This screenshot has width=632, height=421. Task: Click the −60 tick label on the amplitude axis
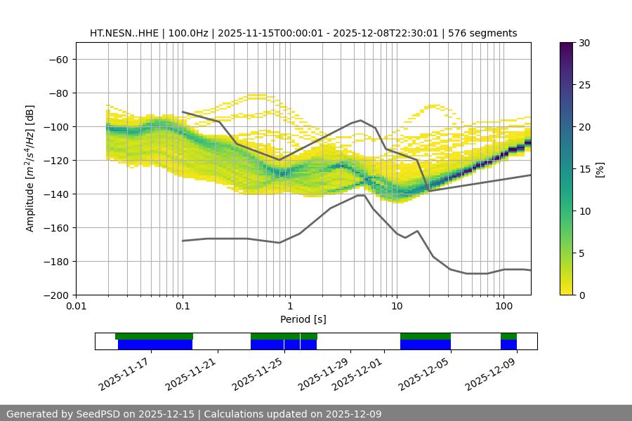pos(57,59)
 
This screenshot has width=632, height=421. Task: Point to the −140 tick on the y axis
pos(57,194)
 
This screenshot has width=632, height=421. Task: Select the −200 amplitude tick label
pos(57,295)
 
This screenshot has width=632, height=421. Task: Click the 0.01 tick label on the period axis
pos(76,306)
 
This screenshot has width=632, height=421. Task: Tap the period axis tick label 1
pos(289,306)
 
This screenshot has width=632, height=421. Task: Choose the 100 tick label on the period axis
pos(503,306)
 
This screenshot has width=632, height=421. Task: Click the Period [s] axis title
pos(303,319)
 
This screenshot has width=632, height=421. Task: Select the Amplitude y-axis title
pos(30,168)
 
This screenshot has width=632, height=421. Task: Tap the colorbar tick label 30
pos(584,43)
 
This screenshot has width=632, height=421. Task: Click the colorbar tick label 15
pos(584,169)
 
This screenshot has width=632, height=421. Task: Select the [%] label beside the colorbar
pos(600,169)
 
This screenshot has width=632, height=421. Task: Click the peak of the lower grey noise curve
pos(361,195)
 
